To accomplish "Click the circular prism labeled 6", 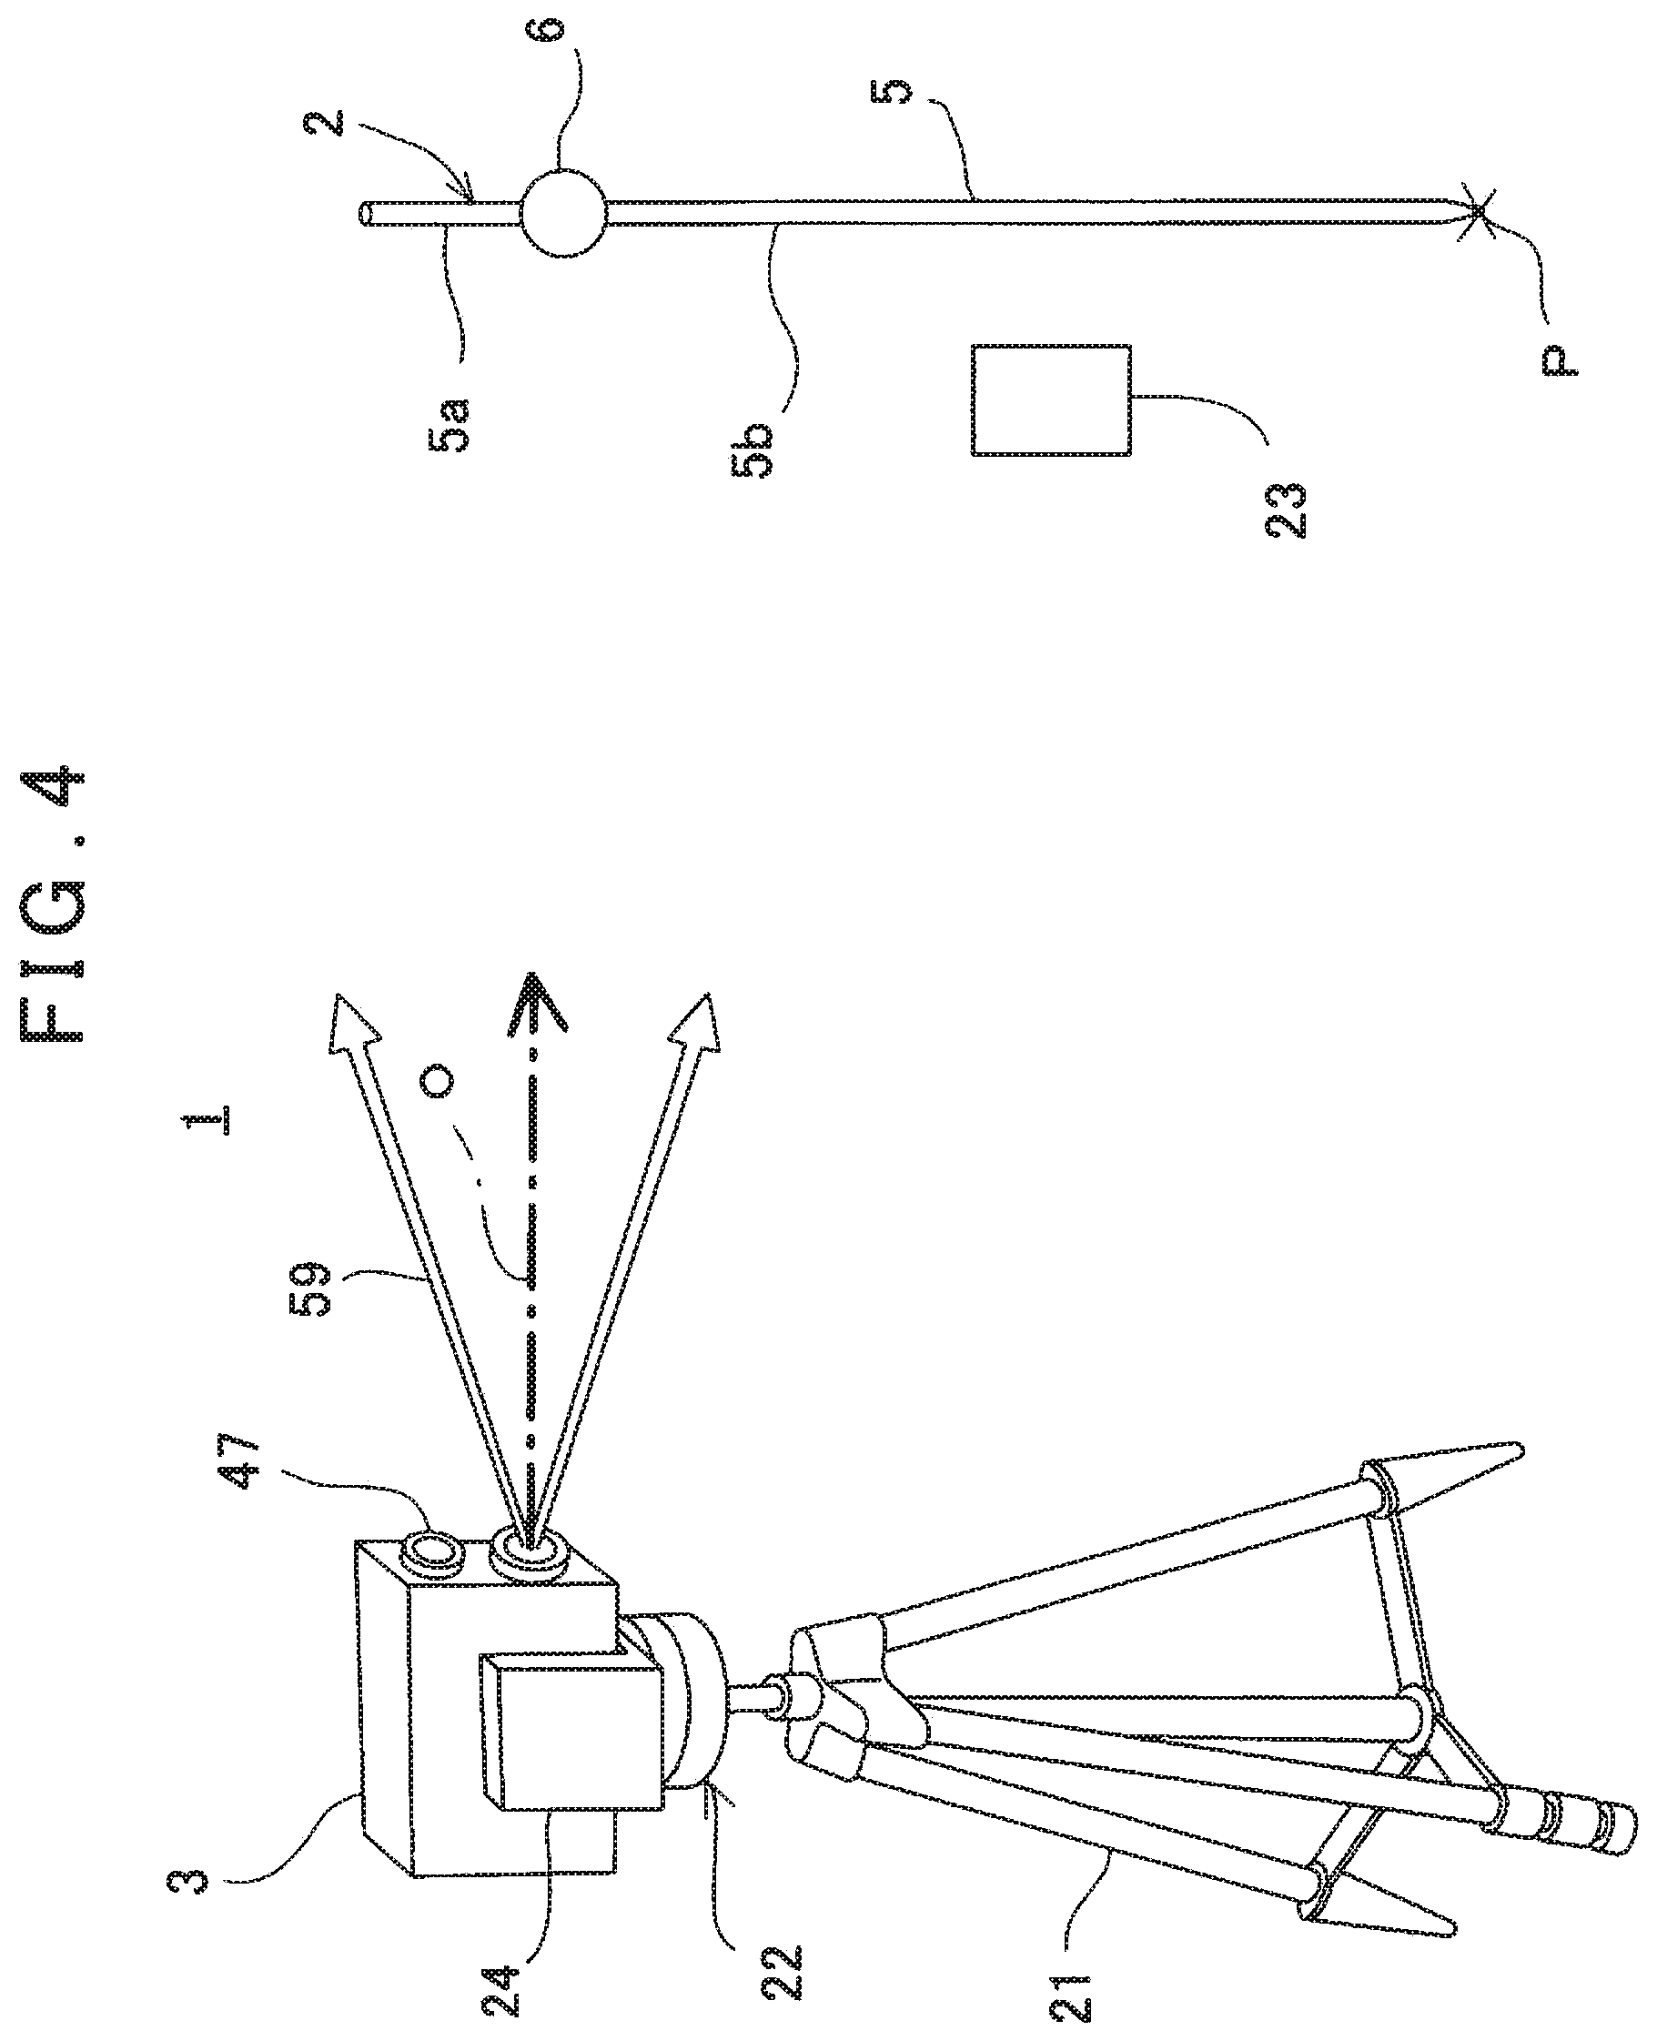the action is click(564, 212).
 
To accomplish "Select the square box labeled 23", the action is click(1051, 400).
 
